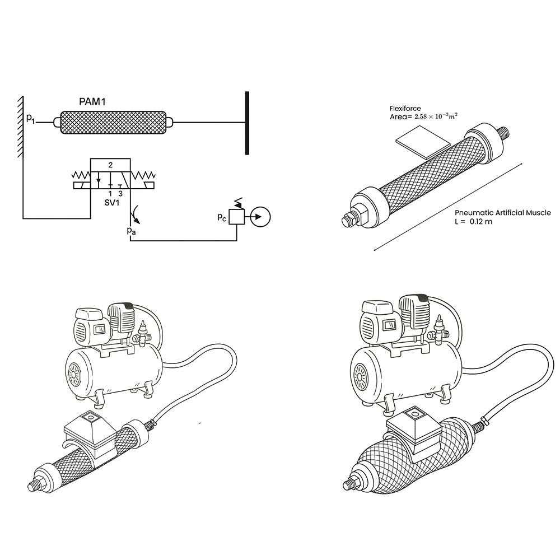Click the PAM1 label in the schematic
point(92,102)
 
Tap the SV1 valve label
point(112,203)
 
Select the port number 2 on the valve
point(110,165)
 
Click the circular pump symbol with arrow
point(260,217)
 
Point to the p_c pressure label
point(222,217)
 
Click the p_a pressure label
point(131,231)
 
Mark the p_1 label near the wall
point(31,119)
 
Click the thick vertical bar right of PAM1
point(247,123)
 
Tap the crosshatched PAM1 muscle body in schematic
point(113,123)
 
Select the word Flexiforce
point(405,108)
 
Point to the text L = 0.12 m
point(474,221)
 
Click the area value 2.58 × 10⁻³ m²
point(436,116)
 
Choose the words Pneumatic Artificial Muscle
point(503,213)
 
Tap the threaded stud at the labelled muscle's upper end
point(504,134)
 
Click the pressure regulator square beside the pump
point(236,217)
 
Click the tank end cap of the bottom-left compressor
point(76,375)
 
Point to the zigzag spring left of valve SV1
point(81,175)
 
